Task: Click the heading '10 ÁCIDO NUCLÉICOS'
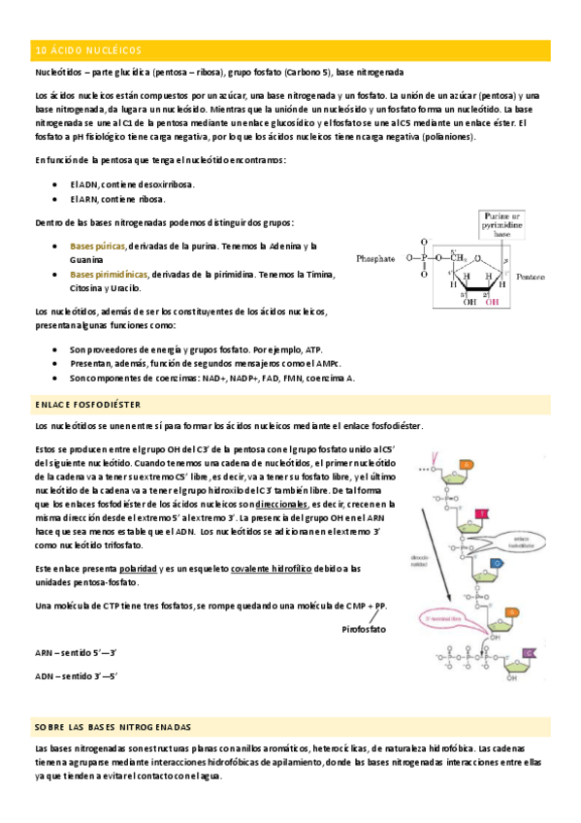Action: pyautogui.click(x=88, y=50)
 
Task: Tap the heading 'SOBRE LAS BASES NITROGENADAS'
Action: pyautogui.click(x=113, y=727)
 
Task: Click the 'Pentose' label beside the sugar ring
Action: pyautogui.click(x=530, y=277)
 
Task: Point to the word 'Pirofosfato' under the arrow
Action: pyautogui.click(x=364, y=629)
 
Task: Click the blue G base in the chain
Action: pyautogui.click(x=496, y=562)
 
